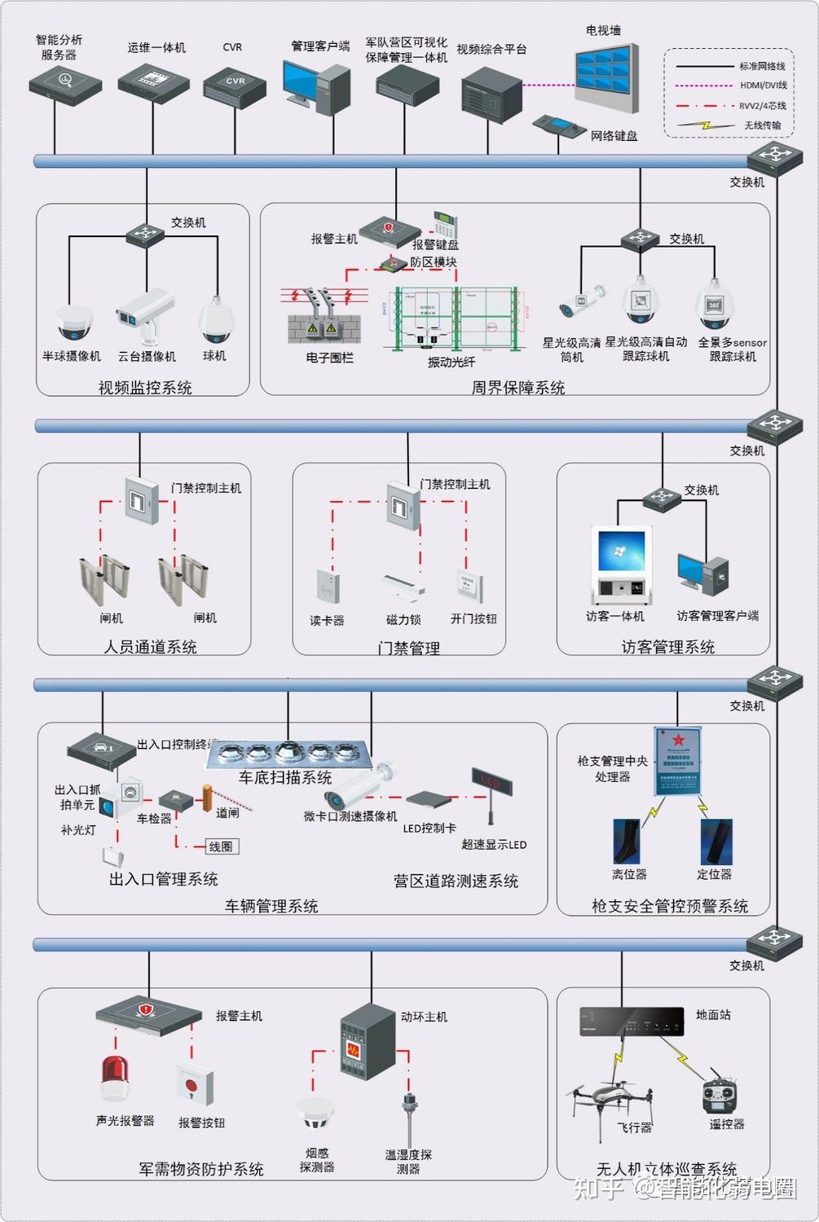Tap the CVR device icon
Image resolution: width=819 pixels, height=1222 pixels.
click(x=234, y=86)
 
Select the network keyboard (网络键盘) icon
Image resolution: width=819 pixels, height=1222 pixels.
click(x=558, y=127)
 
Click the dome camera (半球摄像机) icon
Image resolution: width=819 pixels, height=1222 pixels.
click(x=73, y=322)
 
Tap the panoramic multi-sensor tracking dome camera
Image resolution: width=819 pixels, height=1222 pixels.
click(x=715, y=306)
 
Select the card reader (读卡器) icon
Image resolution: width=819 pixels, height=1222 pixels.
click(x=328, y=585)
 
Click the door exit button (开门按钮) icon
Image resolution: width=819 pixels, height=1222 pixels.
click(x=471, y=587)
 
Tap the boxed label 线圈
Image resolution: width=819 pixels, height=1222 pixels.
click(x=221, y=846)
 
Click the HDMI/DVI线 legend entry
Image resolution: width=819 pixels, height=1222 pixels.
click(x=729, y=86)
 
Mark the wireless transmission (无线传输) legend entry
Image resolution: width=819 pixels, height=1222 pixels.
click(x=729, y=125)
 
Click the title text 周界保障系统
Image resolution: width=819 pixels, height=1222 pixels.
click(x=517, y=388)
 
